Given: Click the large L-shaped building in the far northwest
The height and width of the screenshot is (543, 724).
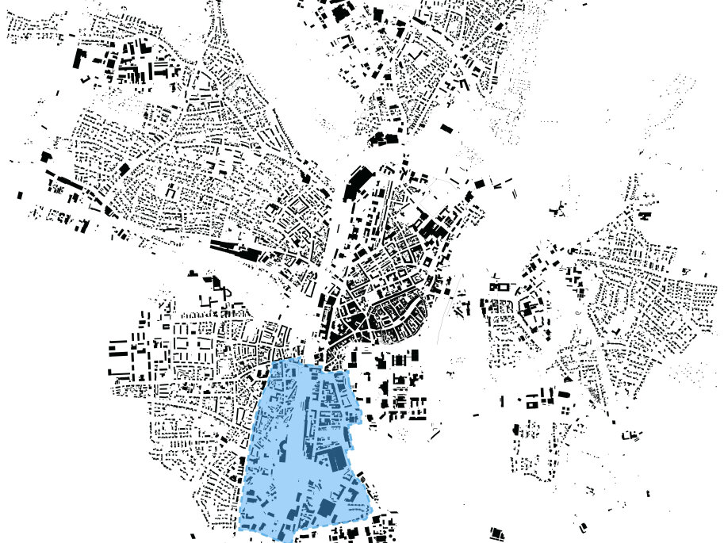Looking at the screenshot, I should pyautogui.click(x=79, y=59).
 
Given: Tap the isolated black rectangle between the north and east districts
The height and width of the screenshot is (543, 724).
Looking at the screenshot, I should pyautogui.click(x=446, y=127).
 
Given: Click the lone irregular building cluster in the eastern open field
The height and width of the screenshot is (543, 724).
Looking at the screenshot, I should pyautogui.click(x=558, y=208).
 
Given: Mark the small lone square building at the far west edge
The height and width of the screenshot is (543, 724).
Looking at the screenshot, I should pyautogui.click(x=20, y=194).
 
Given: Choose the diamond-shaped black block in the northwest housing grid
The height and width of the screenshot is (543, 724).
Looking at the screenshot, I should pyautogui.click(x=123, y=168).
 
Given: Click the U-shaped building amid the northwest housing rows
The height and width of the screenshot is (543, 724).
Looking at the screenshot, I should pyautogui.click(x=172, y=193).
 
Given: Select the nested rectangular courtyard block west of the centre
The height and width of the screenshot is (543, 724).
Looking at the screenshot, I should pyautogui.click(x=300, y=205).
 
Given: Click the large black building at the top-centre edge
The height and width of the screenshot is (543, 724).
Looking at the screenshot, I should pyautogui.click(x=341, y=11).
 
